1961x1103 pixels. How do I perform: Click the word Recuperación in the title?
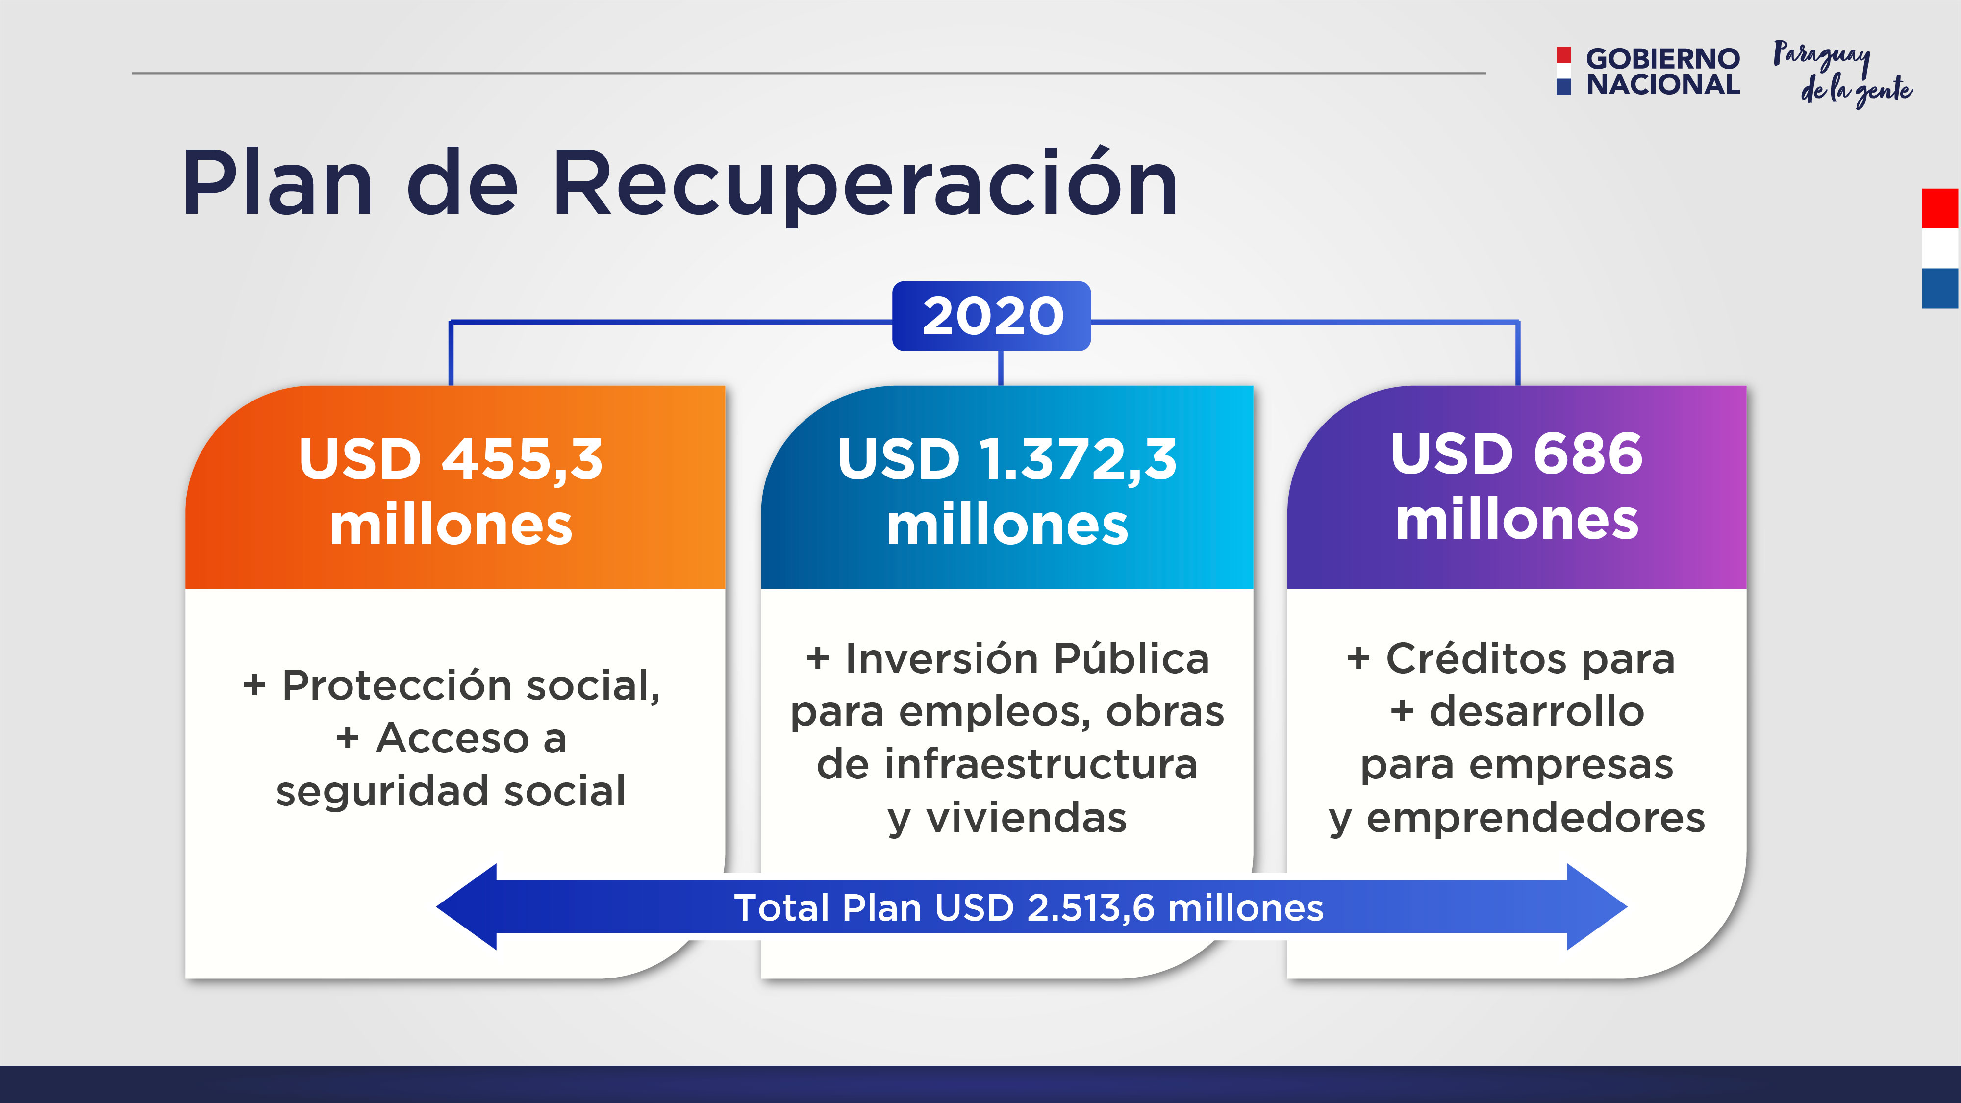[866, 185]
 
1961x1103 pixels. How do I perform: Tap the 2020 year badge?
[991, 316]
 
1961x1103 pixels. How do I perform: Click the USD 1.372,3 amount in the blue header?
[1007, 460]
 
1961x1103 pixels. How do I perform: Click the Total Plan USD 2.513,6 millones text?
[1029, 907]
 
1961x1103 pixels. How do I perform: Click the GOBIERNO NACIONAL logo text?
[1662, 72]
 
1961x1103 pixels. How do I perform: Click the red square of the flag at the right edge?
[1940, 208]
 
